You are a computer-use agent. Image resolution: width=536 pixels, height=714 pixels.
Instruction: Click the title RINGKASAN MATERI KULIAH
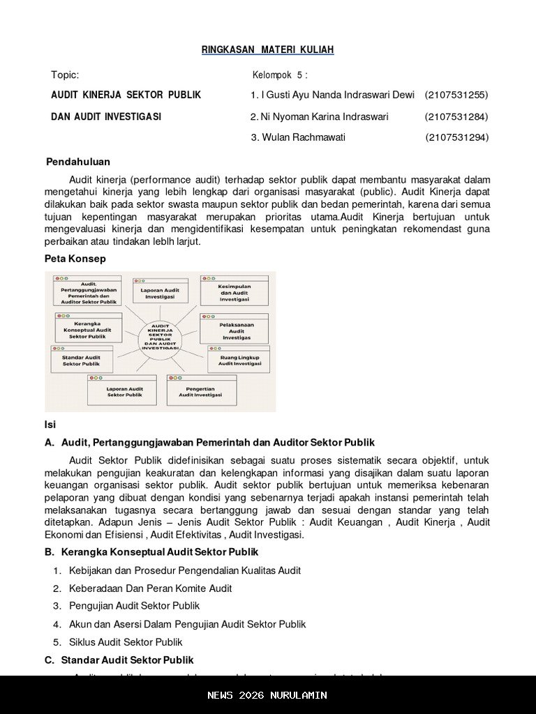tap(267, 50)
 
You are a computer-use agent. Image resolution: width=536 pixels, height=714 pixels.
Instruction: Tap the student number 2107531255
tap(456, 95)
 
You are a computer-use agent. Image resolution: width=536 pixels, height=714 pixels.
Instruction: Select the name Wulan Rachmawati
tap(304, 137)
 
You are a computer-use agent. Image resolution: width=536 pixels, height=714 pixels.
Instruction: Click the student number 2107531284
tap(456, 116)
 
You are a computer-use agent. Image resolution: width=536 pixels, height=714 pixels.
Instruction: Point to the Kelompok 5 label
tap(279, 75)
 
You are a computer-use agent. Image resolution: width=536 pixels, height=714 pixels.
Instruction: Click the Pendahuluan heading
tap(78, 162)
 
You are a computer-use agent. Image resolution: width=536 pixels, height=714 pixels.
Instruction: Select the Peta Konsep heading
tap(75, 259)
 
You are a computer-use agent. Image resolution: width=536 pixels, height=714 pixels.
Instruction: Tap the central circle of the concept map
tap(161, 337)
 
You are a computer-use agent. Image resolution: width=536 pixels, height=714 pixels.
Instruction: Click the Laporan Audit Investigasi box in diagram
tap(160, 291)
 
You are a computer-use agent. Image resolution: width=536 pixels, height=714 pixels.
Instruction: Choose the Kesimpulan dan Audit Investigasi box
tap(234, 291)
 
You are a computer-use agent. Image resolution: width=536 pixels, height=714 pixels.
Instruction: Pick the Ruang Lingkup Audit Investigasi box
tap(239, 359)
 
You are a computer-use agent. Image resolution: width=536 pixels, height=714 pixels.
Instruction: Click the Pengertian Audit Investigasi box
tap(200, 390)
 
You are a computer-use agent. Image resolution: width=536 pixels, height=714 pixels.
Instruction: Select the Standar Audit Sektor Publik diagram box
tap(81, 359)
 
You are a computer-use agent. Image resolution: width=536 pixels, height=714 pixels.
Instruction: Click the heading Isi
tap(50, 425)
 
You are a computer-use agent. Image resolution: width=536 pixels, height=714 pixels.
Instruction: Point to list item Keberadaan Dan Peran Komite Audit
tap(150, 588)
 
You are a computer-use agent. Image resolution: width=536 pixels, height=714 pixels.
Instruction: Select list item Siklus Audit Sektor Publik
tap(126, 642)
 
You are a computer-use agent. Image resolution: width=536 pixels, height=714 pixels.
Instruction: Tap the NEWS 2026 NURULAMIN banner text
tap(267, 695)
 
